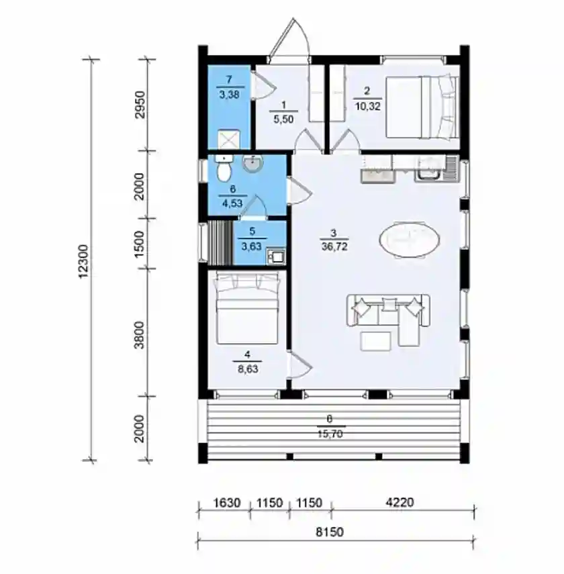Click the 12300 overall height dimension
pyautogui.click(x=84, y=261)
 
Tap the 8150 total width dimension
pyautogui.click(x=330, y=532)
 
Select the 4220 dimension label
pyautogui.click(x=400, y=502)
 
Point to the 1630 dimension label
pyautogui.click(x=227, y=503)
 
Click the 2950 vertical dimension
pyautogui.click(x=140, y=105)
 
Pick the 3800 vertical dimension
pyautogui.click(x=140, y=335)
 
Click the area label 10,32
pyautogui.click(x=368, y=106)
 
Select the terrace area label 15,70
pyautogui.click(x=330, y=434)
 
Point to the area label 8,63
pyautogui.click(x=248, y=369)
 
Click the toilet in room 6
pyautogui.click(x=223, y=168)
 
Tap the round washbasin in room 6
pyautogui.click(x=252, y=163)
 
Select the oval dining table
pyautogui.click(x=409, y=240)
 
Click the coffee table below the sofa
pyautogui.click(x=375, y=341)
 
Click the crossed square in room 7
pyautogui.click(x=229, y=139)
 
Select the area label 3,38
pyautogui.click(x=230, y=95)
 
